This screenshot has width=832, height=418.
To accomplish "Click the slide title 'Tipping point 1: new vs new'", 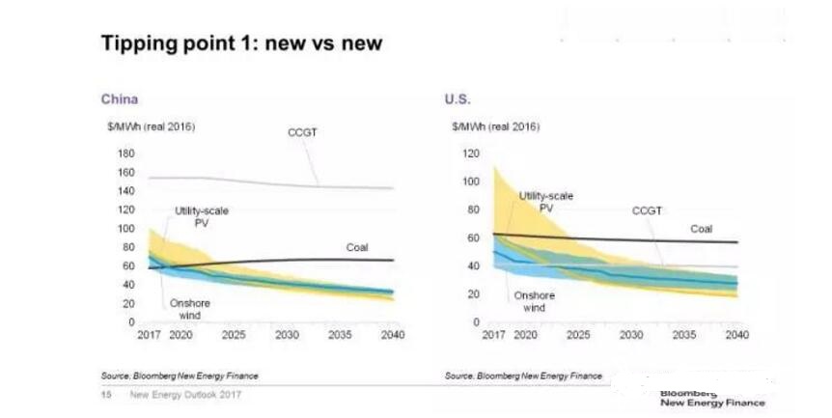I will (x=242, y=43).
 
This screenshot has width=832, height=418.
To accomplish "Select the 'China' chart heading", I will (x=120, y=99).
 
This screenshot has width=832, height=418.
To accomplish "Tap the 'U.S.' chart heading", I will (x=458, y=99).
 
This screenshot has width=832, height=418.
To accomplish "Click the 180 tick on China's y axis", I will (x=125, y=153).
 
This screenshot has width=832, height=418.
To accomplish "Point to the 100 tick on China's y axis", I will (x=125, y=229).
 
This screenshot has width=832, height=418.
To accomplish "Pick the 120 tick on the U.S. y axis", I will (x=471, y=153).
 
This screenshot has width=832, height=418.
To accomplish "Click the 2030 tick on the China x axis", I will (x=286, y=335).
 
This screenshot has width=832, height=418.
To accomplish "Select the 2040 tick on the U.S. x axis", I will (x=736, y=335).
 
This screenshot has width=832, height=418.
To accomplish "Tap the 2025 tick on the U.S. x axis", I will (x=577, y=335).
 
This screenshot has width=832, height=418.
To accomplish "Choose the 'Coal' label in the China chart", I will (x=357, y=248).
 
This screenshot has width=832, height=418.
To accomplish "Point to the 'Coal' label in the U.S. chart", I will (x=701, y=229).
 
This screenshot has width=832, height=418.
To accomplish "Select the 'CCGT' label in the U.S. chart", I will (x=648, y=210).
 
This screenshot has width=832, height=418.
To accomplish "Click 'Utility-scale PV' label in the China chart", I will (x=202, y=216).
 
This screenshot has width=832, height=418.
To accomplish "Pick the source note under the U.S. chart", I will (x=523, y=376).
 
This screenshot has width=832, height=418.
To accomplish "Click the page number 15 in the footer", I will (x=105, y=394).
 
